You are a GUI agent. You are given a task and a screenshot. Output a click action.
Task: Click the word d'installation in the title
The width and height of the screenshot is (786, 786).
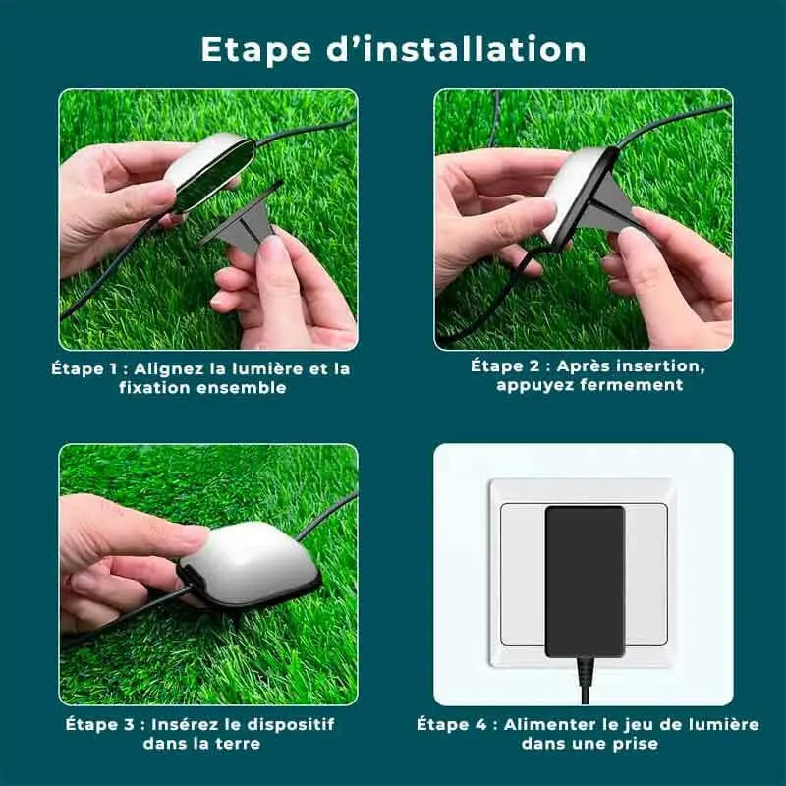pyautogui.click(x=456, y=49)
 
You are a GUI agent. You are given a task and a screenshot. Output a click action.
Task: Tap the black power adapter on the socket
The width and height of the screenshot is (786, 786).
pyautogui.click(x=585, y=581)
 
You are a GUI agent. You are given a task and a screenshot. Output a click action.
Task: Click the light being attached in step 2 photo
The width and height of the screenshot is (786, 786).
pyautogui.click(x=582, y=196)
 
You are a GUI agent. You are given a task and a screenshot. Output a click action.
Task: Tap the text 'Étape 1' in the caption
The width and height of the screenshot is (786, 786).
pyautogui.click(x=84, y=369)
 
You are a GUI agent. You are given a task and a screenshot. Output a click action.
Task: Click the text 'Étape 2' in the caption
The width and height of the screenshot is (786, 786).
pyautogui.click(x=505, y=365)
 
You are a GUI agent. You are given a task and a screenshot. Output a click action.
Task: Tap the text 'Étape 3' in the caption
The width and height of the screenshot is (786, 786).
pyautogui.click(x=99, y=724)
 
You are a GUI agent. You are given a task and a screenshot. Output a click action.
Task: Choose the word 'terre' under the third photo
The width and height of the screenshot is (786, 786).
pyautogui.click(x=237, y=744)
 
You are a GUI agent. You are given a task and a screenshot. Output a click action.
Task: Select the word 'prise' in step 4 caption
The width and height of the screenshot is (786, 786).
pyautogui.click(x=636, y=744)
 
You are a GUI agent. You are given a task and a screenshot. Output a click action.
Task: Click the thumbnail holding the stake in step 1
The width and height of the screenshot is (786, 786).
pyautogui.click(x=272, y=248)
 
